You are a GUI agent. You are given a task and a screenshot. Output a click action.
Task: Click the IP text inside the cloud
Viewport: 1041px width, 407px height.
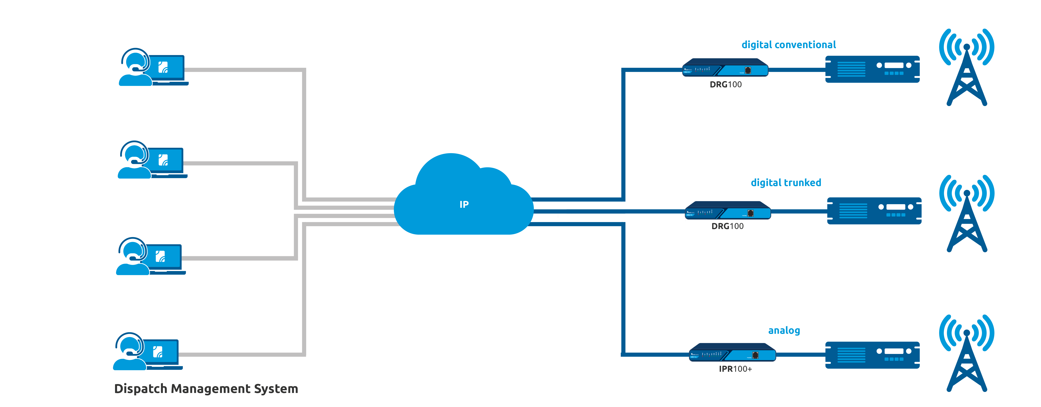click(x=464, y=205)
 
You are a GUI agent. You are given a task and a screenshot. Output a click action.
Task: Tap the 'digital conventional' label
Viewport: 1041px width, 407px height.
click(x=788, y=45)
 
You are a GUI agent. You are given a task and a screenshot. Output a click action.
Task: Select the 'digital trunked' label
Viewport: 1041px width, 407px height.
click(x=786, y=183)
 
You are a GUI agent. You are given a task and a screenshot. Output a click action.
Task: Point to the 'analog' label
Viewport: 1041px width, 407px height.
click(x=784, y=331)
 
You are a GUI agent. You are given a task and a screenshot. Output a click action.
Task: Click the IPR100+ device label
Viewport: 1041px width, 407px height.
click(x=735, y=369)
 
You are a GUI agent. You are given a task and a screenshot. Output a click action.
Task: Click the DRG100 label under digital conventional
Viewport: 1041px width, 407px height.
click(x=726, y=85)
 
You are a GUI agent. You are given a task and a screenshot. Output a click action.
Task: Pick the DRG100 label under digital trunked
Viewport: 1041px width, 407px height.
click(x=727, y=226)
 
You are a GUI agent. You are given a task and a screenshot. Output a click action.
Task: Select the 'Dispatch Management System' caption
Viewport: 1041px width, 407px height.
click(x=206, y=389)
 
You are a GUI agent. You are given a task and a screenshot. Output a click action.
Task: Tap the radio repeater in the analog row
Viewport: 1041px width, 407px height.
click(x=872, y=355)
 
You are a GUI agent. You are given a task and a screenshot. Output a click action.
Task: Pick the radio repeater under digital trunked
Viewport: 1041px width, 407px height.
click(x=874, y=211)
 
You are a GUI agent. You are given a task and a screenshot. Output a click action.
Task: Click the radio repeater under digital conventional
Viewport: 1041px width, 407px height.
click(x=872, y=69)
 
